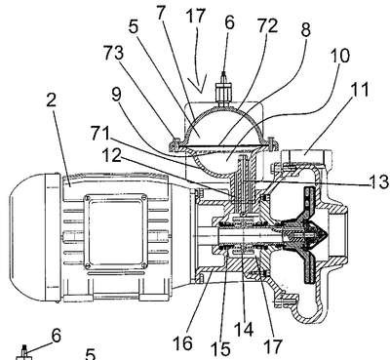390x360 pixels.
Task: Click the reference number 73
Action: click(x=114, y=53)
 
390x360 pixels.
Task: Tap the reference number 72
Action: click(x=267, y=25)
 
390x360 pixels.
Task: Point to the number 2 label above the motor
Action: click(x=52, y=100)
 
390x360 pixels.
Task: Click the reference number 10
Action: click(x=340, y=56)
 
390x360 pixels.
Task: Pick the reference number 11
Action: click(x=360, y=89)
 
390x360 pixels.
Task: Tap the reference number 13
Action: click(x=379, y=181)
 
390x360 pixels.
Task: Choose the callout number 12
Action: click(x=111, y=155)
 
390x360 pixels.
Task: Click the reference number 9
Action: click(x=116, y=95)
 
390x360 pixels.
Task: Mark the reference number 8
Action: click(x=305, y=30)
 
